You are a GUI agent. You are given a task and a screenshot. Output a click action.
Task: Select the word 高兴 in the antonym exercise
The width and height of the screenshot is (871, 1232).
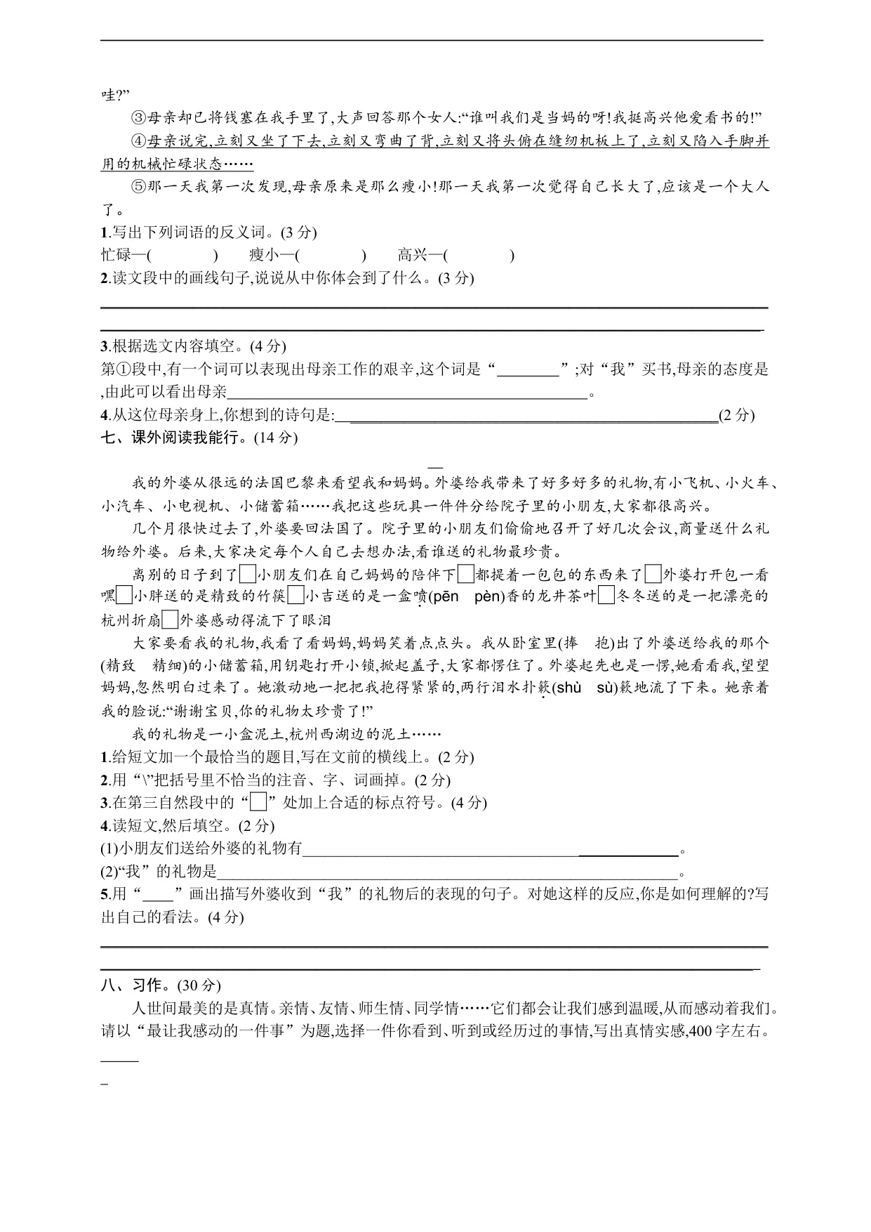[x=414, y=255]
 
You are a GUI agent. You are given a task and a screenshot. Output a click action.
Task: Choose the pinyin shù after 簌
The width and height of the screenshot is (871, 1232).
[x=570, y=688]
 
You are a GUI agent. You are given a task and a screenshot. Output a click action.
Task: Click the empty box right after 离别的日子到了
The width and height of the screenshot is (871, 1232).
[x=247, y=575]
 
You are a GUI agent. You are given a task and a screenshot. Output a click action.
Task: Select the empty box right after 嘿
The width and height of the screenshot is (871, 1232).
[x=124, y=597]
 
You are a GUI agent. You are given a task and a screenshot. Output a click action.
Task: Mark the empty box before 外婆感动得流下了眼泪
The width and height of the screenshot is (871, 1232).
[x=170, y=620]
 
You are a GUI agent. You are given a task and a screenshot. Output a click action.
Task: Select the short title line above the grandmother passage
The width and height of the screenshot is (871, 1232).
[x=435, y=466]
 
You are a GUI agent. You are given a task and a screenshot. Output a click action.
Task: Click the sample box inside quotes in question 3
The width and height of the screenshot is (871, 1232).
[x=259, y=802]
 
